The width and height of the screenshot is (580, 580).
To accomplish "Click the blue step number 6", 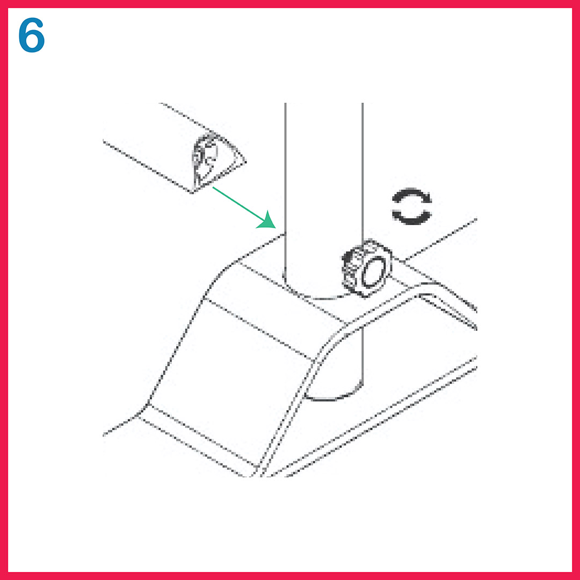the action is pos(32,35).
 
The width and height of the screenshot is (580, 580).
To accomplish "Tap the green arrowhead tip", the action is pos(275,228).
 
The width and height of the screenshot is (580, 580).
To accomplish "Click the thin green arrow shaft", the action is pos(238,204).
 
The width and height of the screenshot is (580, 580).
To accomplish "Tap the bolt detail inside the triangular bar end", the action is pos(205,159).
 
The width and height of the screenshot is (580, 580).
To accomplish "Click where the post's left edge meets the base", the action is pos(285,233).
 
